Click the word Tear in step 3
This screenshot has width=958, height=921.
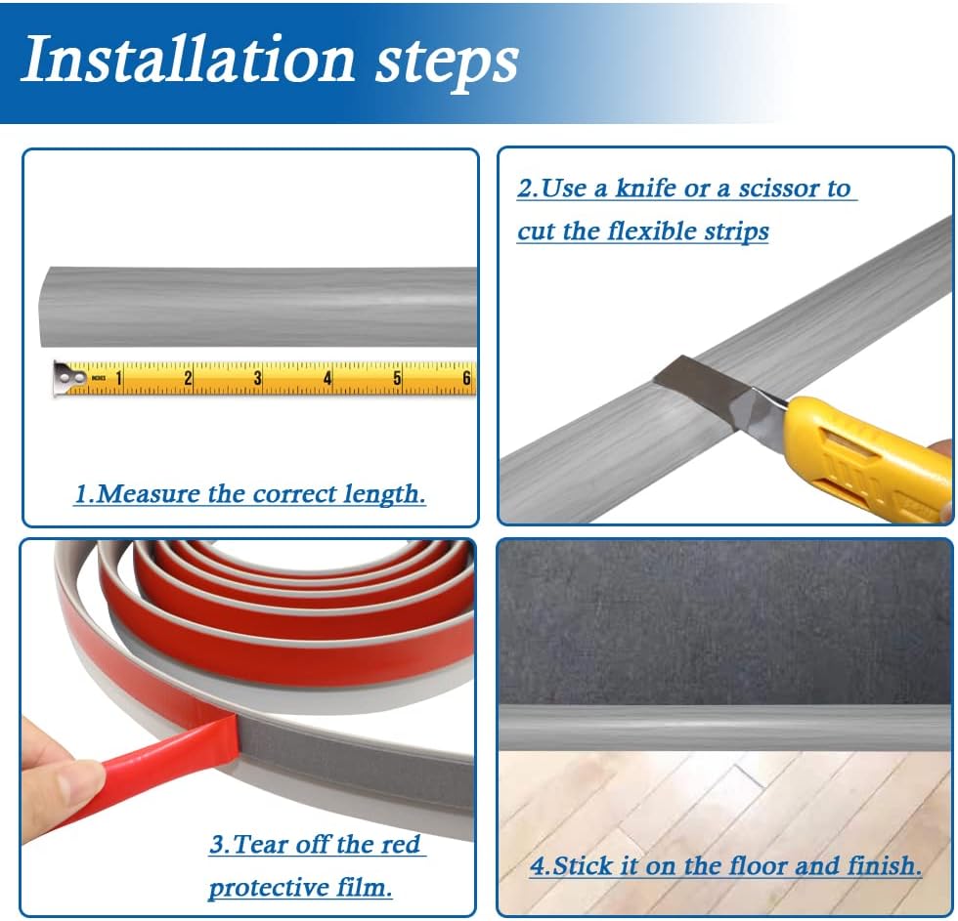click(262, 844)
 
